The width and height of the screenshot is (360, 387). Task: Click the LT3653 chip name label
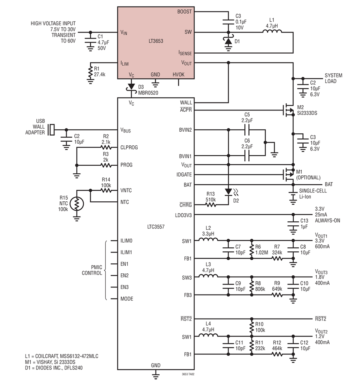[x=156, y=41]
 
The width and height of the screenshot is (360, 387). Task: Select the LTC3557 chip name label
[x=156, y=227]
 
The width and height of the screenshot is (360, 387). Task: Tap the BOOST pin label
[x=184, y=12]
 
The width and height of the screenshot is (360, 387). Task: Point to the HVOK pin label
[x=178, y=74]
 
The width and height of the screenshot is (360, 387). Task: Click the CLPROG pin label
[x=129, y=147]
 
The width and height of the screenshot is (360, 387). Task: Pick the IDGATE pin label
[x=184, y=174]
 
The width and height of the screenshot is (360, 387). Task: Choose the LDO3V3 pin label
[x=183, y=215]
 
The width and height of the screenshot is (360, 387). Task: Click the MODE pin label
[x=127, y=299]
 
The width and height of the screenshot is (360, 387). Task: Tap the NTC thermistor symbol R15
[x=77, y=204]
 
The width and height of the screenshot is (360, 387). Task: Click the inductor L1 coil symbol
[x=272, y=31]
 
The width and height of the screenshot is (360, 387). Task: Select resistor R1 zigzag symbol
[x=90, y=72]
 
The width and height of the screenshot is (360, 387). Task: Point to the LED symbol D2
[x=230, y=191]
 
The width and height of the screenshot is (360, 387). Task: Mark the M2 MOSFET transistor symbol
[x=288, y=110]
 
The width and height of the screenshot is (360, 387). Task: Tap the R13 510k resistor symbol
[x=210, y=205]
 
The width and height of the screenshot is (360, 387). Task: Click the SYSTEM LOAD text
[x=333, y=78]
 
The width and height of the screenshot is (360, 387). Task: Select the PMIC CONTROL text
[x=92, y=270]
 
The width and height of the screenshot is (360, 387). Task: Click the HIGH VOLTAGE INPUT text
[x=53, y=24]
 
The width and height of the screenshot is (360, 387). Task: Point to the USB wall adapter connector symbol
[x=51, y=130]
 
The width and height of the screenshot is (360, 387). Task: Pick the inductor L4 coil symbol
[x=208, y=335]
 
